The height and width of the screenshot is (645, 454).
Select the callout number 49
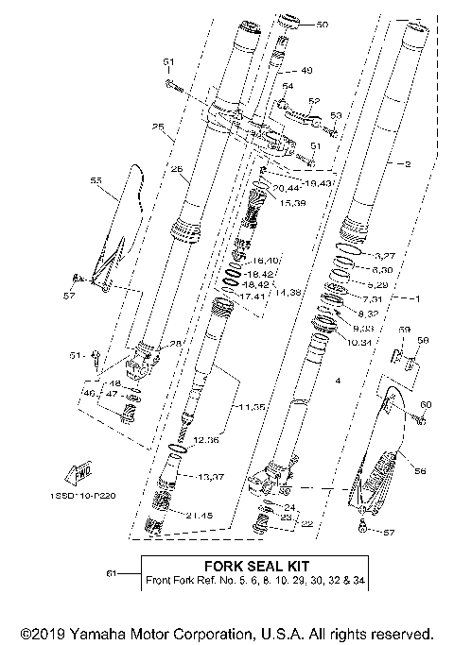click(x=306, y=70)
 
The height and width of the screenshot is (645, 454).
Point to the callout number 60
click(x=426, y=404)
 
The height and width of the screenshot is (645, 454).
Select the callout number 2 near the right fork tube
click(x=408, y=164)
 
